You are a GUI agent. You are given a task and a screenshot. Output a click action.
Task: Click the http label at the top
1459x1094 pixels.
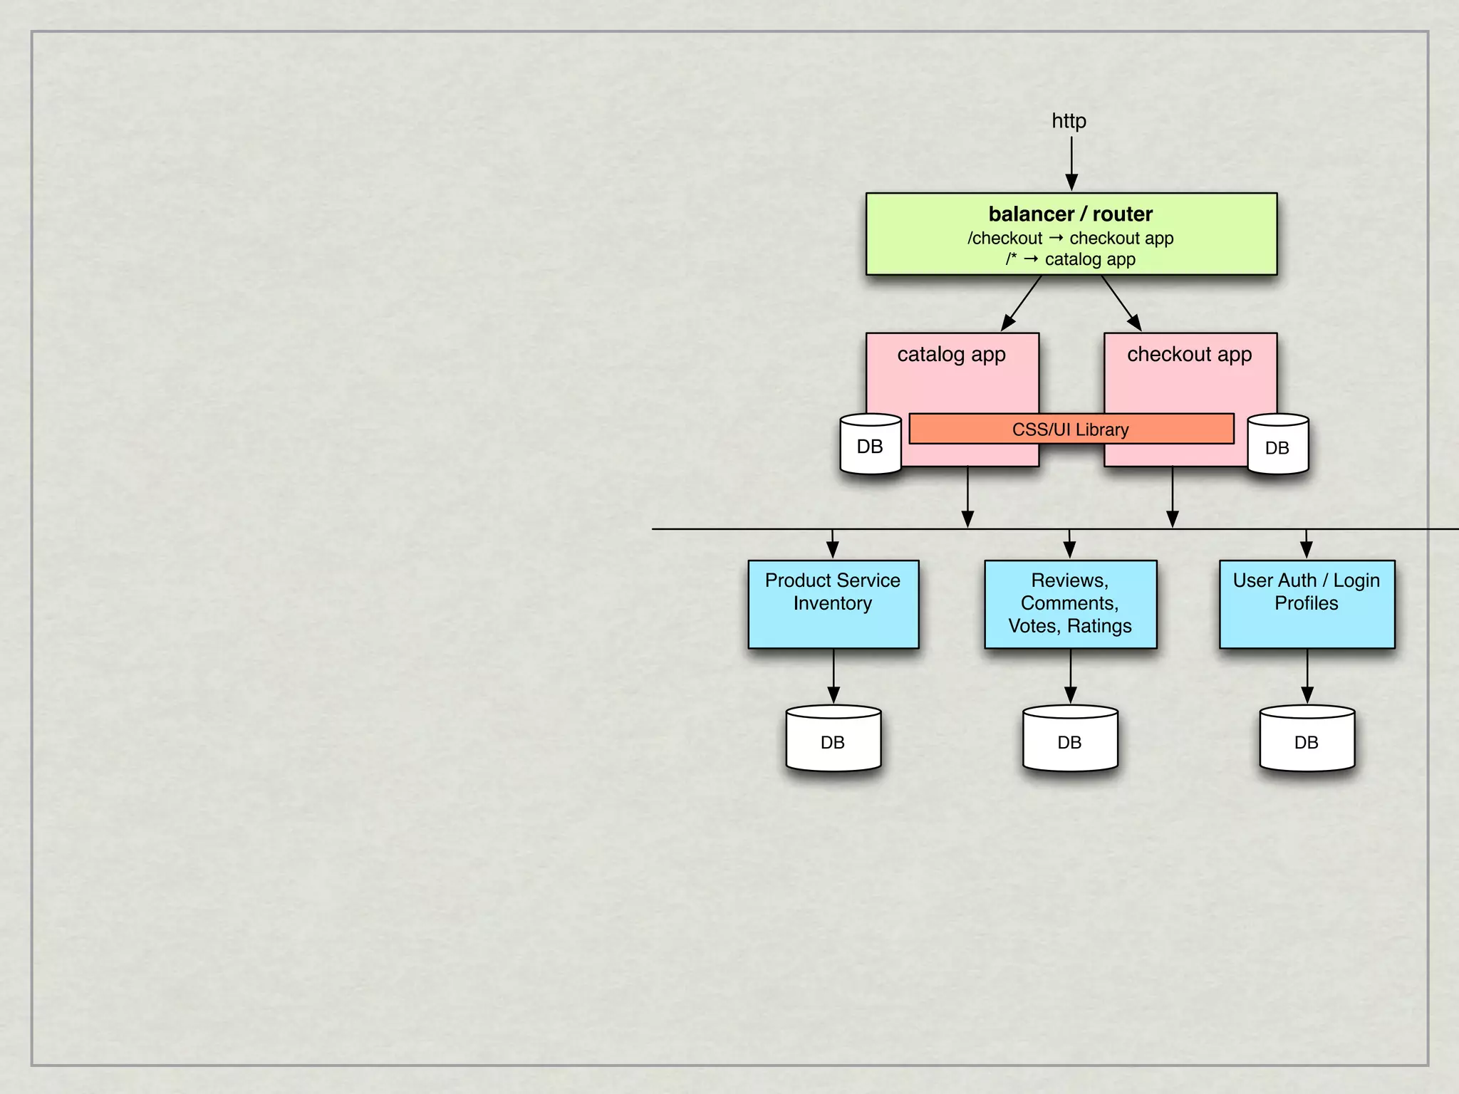(1069, 121)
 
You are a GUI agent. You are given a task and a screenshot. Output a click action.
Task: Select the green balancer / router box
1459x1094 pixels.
(1071, 234)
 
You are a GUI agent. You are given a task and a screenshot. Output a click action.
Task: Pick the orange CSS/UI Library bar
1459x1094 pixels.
(1071, 429)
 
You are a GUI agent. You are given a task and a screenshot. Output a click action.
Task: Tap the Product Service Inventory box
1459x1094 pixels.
(833, 604)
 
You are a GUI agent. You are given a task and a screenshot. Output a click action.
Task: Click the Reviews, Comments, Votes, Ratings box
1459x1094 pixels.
(1070, 604)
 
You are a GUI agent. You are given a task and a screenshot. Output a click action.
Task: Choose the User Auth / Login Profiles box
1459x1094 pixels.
(1307, 604)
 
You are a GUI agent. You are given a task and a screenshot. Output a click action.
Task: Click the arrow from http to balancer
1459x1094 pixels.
(1071, 164)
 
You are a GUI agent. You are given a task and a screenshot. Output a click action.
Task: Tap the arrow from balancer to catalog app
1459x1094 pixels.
(1022, 303)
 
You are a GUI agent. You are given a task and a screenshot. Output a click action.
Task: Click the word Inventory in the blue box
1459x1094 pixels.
(833, 603)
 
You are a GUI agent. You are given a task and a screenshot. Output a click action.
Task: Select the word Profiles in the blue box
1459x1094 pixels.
(1307, 603)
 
